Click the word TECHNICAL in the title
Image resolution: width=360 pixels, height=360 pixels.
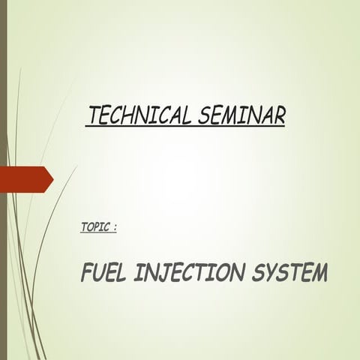140,116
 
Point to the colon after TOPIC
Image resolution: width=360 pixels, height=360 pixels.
115,226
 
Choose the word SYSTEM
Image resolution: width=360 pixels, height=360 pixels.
289,274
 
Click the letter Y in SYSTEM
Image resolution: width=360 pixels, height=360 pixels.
271,274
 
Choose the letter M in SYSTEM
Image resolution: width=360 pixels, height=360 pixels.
318,274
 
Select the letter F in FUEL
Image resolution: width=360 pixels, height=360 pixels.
86,274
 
